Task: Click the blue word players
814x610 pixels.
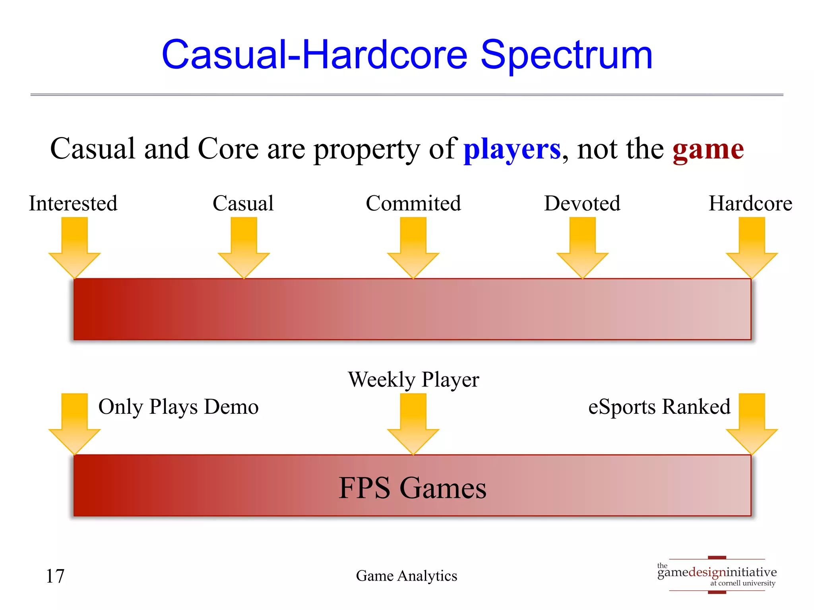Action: (512, 149)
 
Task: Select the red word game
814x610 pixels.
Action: (708, 149)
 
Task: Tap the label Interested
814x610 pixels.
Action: (73, 203)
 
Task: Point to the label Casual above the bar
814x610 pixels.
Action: (243, 203)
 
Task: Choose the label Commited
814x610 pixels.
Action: (413, 203)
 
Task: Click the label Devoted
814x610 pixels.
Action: (582, 203)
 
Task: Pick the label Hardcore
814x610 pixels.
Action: (750, 203)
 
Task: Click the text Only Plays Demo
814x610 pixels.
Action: (178, 407)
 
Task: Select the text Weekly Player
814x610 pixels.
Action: (413, 379)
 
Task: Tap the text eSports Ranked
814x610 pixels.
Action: (659, 407)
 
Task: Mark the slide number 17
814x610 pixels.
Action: (55, 576)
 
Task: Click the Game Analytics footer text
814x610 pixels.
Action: (406, 576)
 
